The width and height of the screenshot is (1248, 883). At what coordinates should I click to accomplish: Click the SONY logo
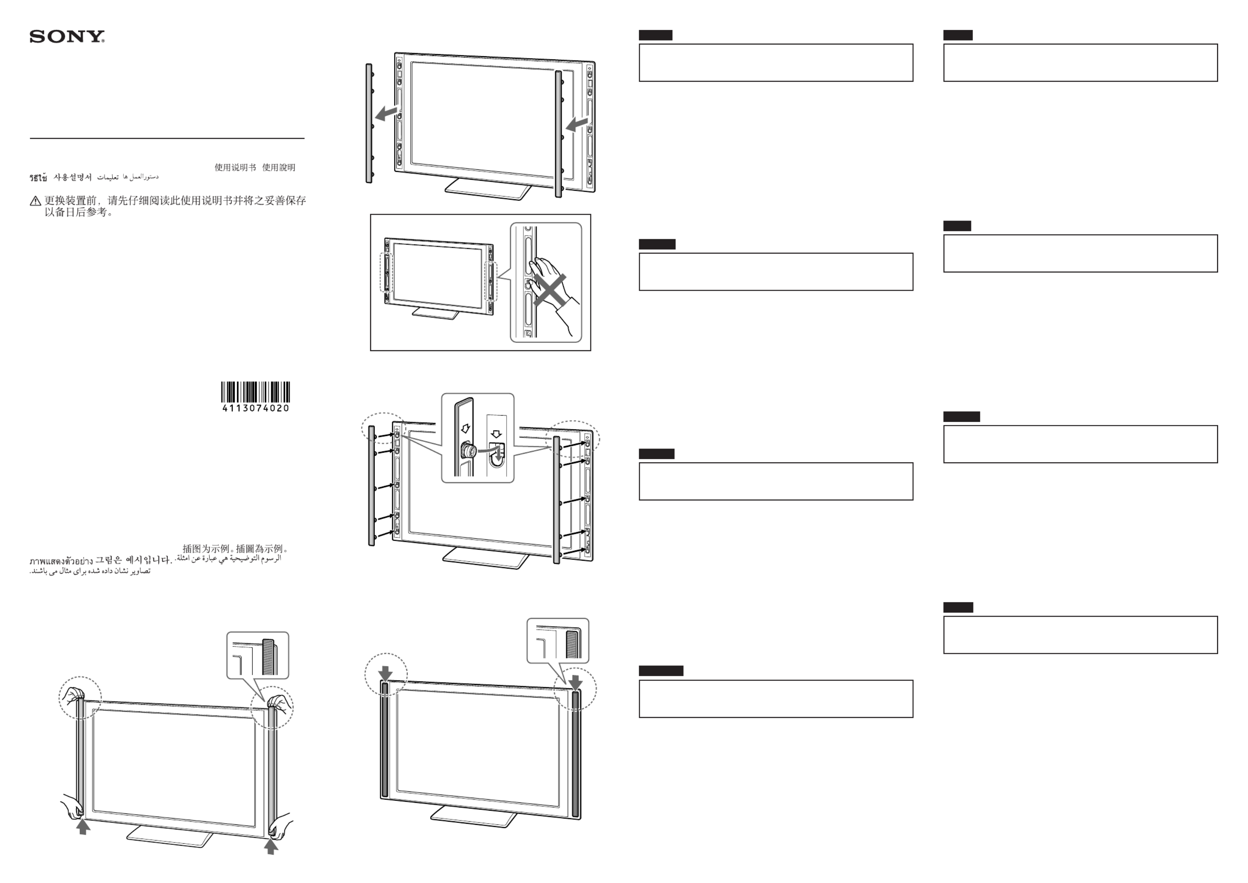point(67,37)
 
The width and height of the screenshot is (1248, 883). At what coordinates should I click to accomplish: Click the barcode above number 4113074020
point(255,392)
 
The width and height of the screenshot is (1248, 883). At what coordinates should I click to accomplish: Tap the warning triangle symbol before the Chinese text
point(35,201)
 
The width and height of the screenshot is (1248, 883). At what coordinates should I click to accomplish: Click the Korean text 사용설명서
point(72,177)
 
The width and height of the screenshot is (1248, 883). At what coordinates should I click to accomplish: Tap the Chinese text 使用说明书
point(235,167)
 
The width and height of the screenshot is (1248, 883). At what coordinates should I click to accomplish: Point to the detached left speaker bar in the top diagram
point(369,123)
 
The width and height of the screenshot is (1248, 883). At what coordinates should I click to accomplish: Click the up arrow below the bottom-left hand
point(83,827)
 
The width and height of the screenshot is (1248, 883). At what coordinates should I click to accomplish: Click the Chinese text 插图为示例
point(207,549)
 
